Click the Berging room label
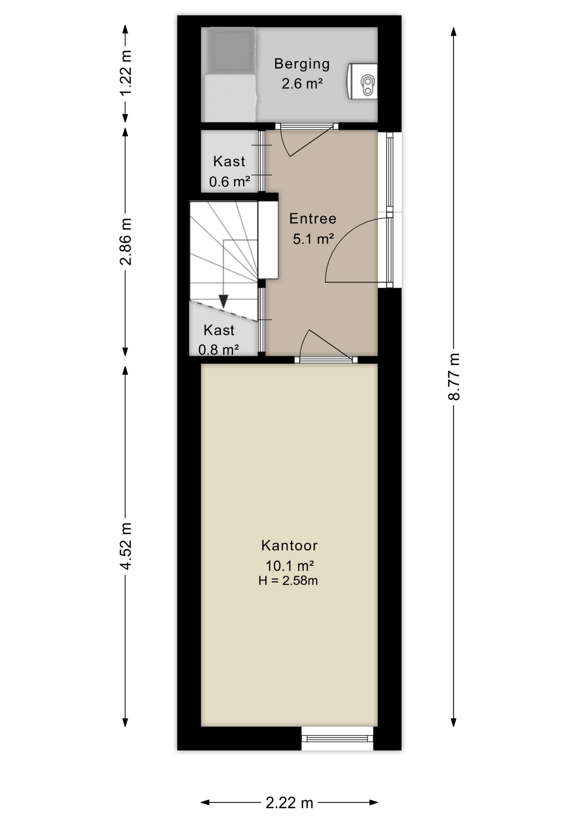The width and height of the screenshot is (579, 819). click(302, 64)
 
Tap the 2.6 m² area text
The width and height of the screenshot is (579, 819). click(302, 83)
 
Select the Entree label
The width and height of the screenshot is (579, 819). click(313, 218)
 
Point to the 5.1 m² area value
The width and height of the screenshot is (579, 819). click(313, 238)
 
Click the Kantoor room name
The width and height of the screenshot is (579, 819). click(289, 545)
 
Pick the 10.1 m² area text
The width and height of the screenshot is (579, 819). click(289, 566)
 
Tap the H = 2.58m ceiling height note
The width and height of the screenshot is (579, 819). click(288, 581)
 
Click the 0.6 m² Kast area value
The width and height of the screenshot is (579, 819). click(229, 182)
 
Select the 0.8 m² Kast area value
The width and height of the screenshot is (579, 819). click(218, 350)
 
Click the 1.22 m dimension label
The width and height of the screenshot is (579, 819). click(125, 73)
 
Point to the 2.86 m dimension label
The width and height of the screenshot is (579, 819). click(125, 241)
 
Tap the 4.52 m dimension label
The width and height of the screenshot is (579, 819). click(125, 546)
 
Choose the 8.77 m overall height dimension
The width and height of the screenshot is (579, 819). click(454, 377)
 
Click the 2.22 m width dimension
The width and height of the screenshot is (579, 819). click(289, 803)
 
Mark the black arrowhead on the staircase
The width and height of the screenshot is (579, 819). click(223, 301)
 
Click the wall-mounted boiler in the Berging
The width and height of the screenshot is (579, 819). click(362, 81)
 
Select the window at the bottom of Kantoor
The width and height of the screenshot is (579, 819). click(337, 738)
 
